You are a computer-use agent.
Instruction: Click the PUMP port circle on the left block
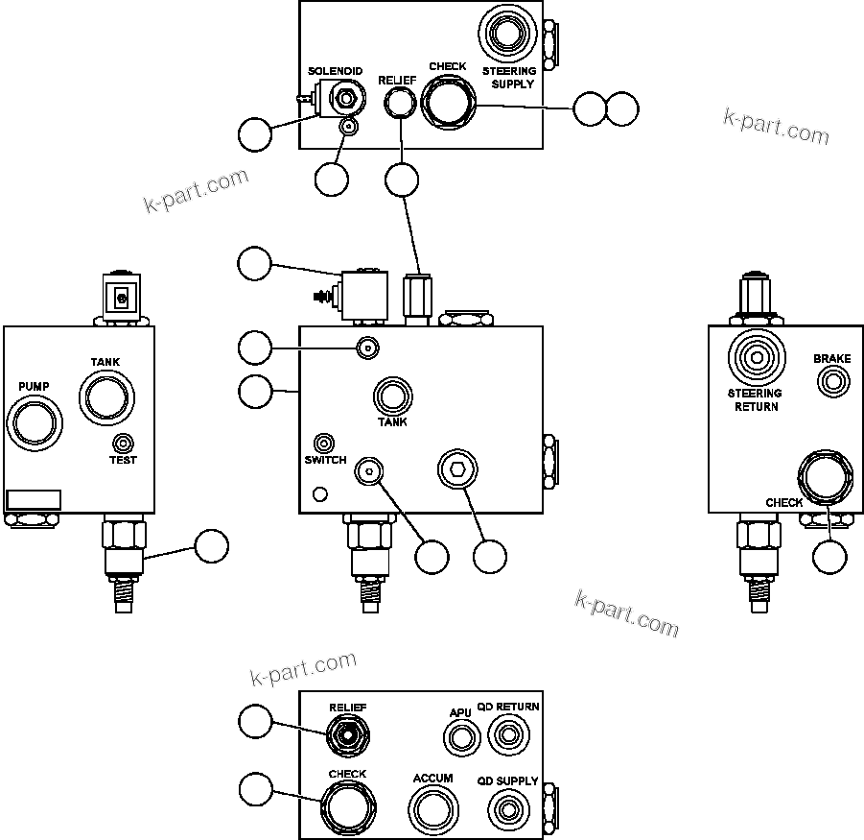click(x=33, y=423)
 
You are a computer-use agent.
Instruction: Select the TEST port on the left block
click(x=123, y=443)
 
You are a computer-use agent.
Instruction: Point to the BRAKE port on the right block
click(x=832, y=382)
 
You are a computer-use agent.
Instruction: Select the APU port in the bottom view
click(x=461, y=737)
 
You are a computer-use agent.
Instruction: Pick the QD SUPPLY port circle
click(x=507, y=808)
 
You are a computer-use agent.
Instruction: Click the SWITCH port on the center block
click(x=325, y=443)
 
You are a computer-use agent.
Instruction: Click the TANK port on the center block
click(x=392, y=396)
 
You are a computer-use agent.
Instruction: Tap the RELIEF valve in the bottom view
click(x=346, y=736)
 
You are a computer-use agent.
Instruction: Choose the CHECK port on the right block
click(x=825, y=477)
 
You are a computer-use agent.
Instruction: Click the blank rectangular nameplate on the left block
click(x=34, y=499)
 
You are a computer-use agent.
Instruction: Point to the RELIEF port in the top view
click(x=397, y=104)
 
